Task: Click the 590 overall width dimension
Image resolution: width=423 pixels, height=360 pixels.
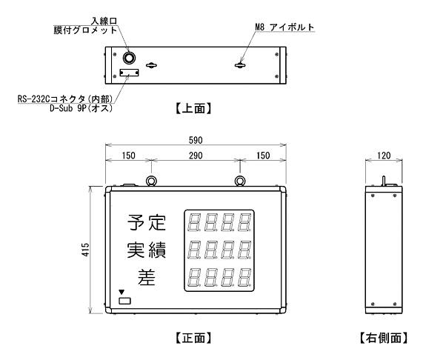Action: (x=196, y=140)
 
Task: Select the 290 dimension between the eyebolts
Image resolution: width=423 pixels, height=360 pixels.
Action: (x=196, y=156)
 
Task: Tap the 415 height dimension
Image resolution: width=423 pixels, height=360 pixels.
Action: (x=85, y=250)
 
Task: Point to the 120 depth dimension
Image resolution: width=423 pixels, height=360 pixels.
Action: (x=384, y=156)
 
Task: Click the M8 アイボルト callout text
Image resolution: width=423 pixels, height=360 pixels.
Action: (x=284, y=27)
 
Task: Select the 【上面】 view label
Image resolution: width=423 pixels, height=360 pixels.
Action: (x=193, y=109)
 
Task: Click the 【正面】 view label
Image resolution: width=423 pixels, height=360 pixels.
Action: (x=193, y=338)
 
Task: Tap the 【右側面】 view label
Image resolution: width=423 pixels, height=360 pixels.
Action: (x=384, y=338)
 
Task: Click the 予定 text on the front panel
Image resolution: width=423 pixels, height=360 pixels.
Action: (x=147, y=222)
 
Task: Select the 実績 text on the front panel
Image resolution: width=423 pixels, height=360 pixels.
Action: (x=147, y=250)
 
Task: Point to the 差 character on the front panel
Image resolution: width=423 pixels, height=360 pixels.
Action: (x=147, y=277)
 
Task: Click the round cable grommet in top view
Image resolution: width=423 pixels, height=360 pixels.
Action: (x=129, y=58)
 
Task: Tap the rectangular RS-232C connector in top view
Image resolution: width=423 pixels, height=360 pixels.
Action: (x=129, y=73)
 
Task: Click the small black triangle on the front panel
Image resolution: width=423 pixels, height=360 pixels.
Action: (x=121, y=292)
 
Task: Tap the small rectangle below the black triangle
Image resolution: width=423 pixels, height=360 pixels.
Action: (x=124, y=301)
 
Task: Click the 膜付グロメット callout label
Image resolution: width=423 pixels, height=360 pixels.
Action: (x=85, y=30)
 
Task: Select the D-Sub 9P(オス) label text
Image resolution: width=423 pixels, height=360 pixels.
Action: (x=81, y=108)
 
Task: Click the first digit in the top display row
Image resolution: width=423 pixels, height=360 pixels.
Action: (x=193, y=222)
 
